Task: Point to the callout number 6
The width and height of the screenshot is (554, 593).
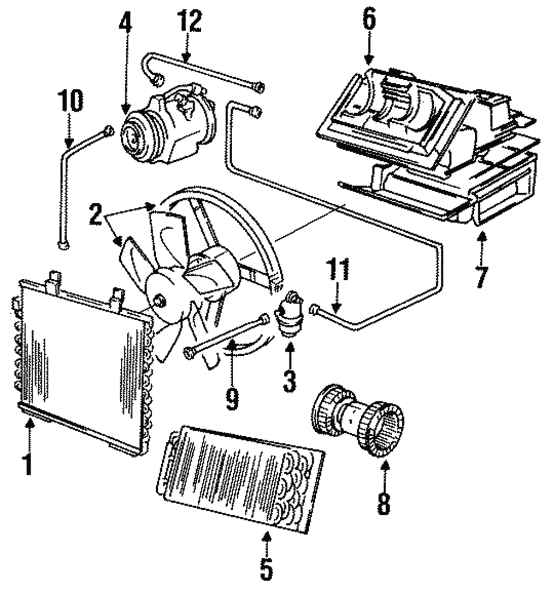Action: point(369,20)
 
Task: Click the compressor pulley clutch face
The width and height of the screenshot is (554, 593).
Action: point(133,135)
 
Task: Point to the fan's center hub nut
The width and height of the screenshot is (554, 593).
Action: point(160,301)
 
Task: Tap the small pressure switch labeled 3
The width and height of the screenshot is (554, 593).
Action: point(291,314)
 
